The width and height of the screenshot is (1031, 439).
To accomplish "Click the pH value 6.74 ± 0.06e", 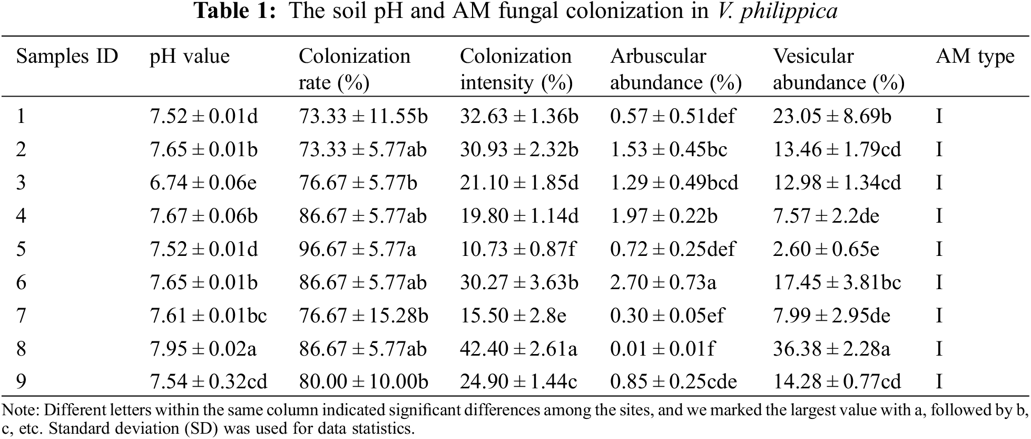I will coord(203,183).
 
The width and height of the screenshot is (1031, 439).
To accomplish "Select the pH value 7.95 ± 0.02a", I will coord(203,349).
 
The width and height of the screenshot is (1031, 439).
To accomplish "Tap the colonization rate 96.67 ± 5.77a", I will coord(357,249).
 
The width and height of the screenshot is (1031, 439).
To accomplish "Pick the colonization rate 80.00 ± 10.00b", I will coord(364,381).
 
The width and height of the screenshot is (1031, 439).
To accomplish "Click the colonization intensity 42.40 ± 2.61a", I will coord(518,349).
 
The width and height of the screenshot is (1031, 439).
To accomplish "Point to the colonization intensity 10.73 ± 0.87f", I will coord(518,249).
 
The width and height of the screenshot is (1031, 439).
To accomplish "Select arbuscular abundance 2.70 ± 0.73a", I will coord(663,282).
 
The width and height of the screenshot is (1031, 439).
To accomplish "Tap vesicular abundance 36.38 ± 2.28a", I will coord(831,349).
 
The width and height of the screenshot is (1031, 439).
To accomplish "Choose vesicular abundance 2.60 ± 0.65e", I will coord(826,249).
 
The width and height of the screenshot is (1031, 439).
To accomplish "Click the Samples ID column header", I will coord(67,56).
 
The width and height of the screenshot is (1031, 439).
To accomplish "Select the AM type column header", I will coord(975,56).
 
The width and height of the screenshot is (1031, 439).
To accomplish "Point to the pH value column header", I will coord(190,56).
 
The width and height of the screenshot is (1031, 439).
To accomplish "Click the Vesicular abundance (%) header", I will coord(838,69).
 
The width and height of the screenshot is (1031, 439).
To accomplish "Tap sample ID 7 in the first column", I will coord(21,316).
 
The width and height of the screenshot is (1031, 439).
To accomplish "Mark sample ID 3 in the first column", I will coord(21,183).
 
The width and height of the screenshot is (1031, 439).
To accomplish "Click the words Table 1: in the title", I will coord(235,11).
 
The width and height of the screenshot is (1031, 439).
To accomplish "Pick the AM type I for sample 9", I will coord(939,381).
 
